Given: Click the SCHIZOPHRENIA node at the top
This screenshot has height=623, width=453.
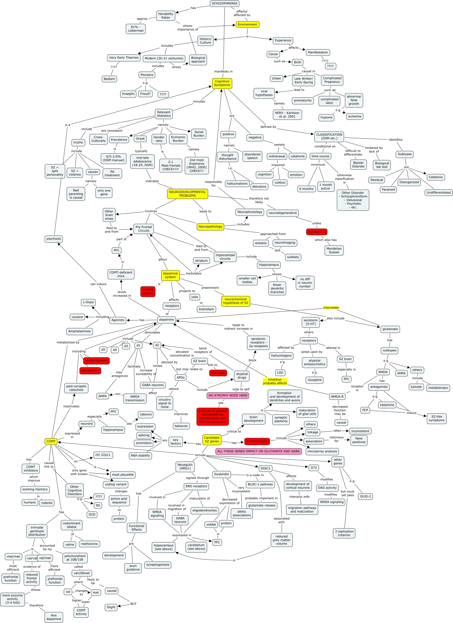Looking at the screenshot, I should (x=225, y=3).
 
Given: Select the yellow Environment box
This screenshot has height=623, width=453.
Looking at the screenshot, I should (x=247, y=25).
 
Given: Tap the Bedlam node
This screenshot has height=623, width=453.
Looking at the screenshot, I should (x=109, y=79).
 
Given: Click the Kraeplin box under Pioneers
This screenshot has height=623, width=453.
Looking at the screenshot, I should (x=128, y=94).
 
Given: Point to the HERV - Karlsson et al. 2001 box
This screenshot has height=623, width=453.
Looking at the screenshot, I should (x=287, y=115).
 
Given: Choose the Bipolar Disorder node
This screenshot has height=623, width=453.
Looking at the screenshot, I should (x=358, y=164).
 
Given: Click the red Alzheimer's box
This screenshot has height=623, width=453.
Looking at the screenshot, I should (x=317, y=232).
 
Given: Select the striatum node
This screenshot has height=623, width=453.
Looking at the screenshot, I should (x=201, y=261).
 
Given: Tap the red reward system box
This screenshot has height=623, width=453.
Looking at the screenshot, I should (x=148, y=292).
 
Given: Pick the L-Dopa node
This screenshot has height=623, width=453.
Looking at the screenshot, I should (x=88, y=302).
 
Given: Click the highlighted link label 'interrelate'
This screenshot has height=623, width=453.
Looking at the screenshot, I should (x=331, y=308).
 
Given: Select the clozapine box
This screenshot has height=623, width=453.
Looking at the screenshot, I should (x=314, y=380).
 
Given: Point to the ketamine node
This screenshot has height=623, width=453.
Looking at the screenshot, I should (x=387, y=405).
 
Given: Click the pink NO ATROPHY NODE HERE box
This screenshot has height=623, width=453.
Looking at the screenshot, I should (x=228, y=395).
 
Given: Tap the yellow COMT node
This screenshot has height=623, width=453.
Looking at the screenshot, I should (x=51, y=441).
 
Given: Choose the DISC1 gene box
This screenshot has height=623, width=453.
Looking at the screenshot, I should (x=265, y=468).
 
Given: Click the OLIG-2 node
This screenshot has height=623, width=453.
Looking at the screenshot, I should (x=365, y=496).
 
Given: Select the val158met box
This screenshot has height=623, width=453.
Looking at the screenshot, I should (x=82, y=573).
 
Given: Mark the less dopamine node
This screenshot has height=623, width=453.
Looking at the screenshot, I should (x=54, y=617).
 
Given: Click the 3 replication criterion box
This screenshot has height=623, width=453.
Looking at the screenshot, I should (x=344, y=533).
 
